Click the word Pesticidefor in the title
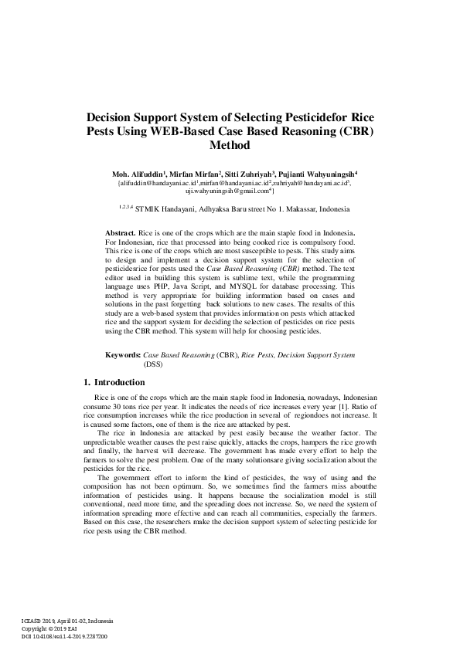[308, 116]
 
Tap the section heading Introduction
[119, 382]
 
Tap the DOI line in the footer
[65, 636]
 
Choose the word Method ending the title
[229, 144]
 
